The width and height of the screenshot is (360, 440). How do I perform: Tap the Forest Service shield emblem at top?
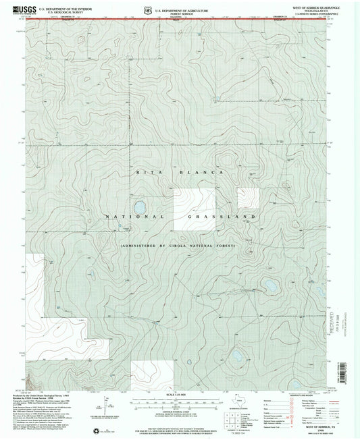click(x=148, y=9)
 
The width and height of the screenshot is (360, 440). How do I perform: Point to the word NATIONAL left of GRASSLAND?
click(x=134, y=217)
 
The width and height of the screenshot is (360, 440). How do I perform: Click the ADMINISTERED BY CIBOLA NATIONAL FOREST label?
click(x=178, y=246)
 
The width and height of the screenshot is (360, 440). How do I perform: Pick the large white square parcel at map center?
click(x=194, y=209)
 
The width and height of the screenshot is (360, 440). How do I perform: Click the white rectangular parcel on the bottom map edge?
click(x=151, y=375)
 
